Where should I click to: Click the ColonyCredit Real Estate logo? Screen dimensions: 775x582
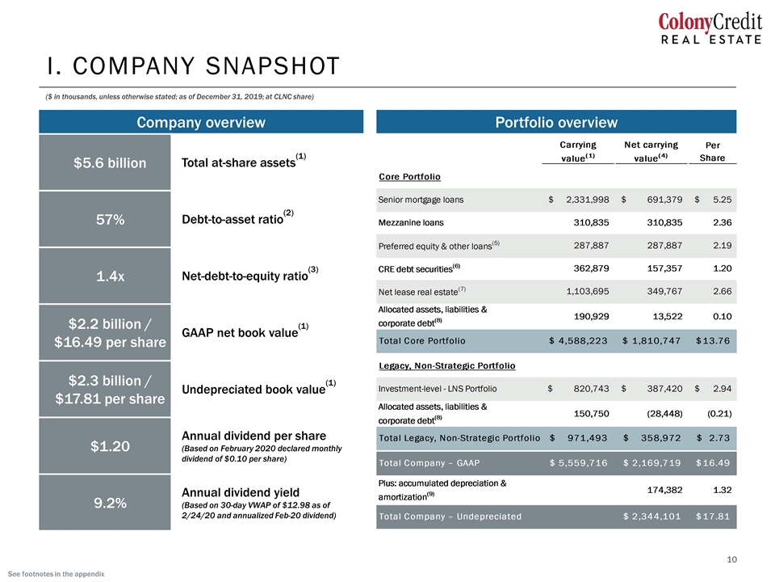[x=710, y=27]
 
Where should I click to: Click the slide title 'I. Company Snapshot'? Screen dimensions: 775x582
[x=193, y=65]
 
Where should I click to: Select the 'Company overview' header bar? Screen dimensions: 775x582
[x=201, y=122]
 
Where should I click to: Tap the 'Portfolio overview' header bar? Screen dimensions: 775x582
[x=556, y=122]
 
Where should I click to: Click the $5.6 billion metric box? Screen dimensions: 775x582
[x=105, y=162]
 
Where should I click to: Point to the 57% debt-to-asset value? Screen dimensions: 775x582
[x=111, y=219]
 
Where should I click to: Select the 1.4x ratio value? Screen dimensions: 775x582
[x=111, y=276]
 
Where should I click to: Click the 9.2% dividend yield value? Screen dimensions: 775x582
[x=111, y=503]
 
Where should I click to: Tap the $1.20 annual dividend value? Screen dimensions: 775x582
[x=111, y=446]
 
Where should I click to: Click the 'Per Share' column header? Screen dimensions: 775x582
[x=712, y=151]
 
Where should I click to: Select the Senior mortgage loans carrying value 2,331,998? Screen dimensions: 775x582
[x=587, y=200]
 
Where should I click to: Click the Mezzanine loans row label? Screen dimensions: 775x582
[x=411, y=223]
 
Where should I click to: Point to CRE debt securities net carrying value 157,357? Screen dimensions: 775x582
[x=664, y=268]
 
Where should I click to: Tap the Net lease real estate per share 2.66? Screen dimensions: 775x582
[x=722, y=291]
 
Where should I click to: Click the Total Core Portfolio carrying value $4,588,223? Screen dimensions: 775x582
[x=578, y=340]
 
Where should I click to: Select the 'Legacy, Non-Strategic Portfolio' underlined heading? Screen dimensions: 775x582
[x=446, y=365]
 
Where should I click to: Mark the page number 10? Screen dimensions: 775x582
[x=731, y=559]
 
